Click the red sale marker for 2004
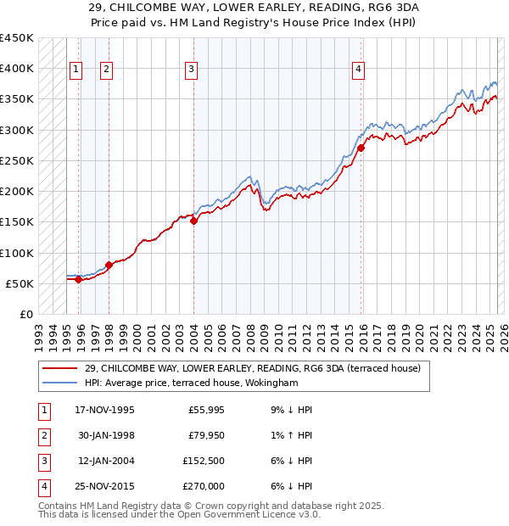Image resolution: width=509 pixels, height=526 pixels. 193,221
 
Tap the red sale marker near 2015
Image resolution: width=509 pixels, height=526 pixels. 361,148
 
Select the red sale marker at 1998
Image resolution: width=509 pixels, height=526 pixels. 109,266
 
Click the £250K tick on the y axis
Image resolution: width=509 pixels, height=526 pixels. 17,160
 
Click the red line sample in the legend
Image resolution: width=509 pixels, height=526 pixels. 61,367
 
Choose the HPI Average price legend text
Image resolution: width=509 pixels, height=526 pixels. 192,383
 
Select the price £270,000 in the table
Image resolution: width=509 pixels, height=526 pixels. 204,487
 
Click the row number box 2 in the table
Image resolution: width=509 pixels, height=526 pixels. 42,436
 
